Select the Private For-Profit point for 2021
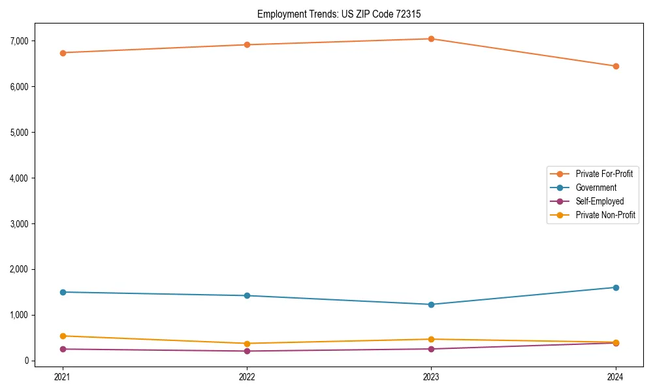click(63, 53)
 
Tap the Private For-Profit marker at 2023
click(431, 39)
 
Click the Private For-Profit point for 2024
click(616, 66)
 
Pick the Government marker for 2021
click(63, 292)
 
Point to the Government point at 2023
click(431, 304)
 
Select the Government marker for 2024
click(616, 287)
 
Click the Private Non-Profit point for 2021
click(63, 336)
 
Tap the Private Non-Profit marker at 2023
click(431, 339)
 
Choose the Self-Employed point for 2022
click(247, 351)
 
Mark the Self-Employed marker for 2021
click(63, 349)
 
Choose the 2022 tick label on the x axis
click(247, 376)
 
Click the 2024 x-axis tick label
click(616, 376)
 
